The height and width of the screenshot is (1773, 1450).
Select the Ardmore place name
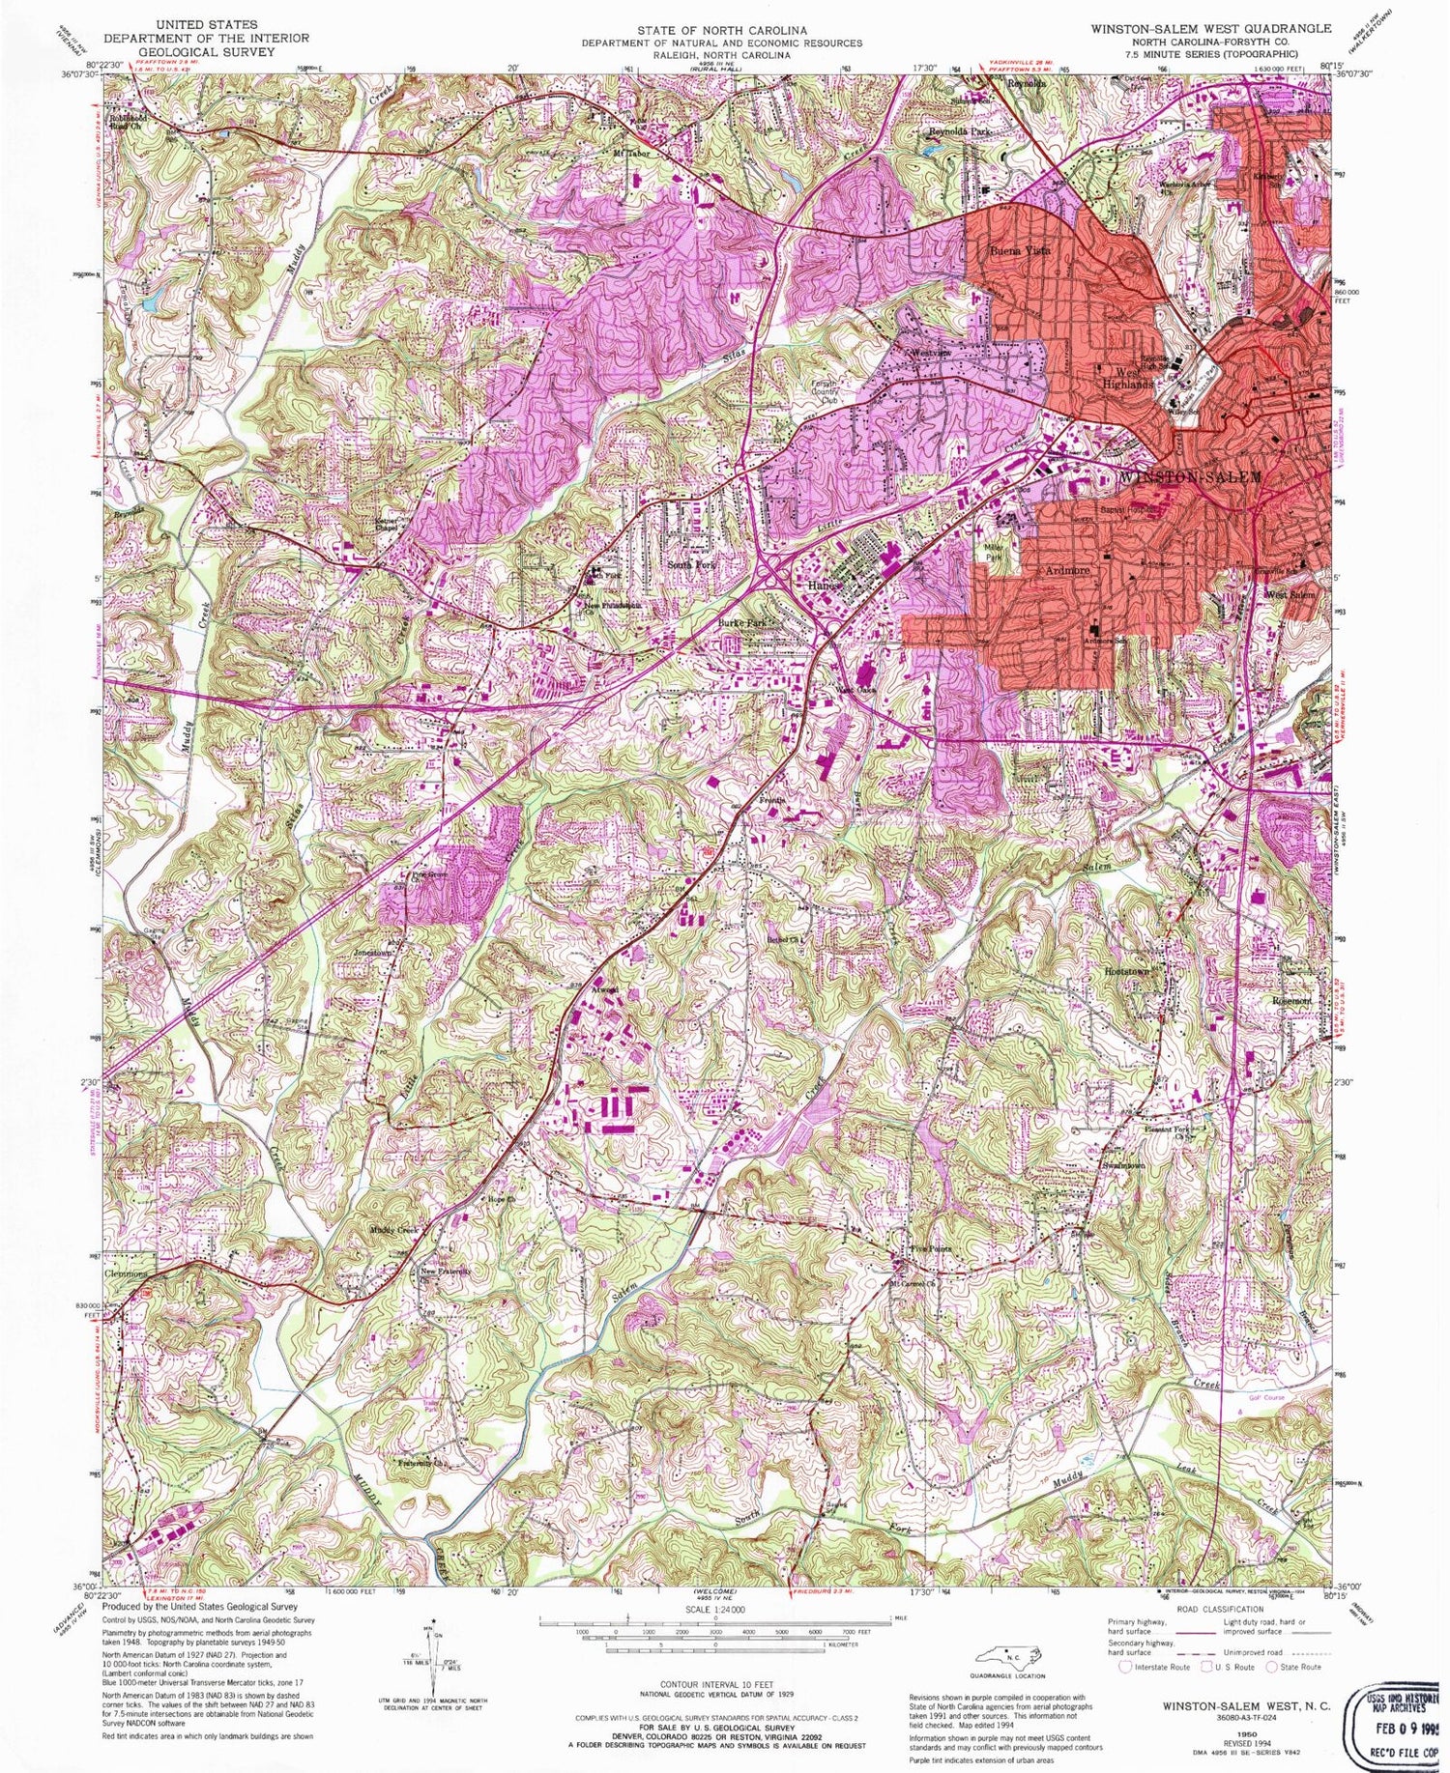[1067, 571]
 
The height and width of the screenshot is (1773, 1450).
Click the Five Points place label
[931, 1249]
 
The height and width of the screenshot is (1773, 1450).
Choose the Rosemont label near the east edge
[1291, 1001]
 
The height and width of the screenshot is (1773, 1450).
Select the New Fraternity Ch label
[445, 1272]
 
